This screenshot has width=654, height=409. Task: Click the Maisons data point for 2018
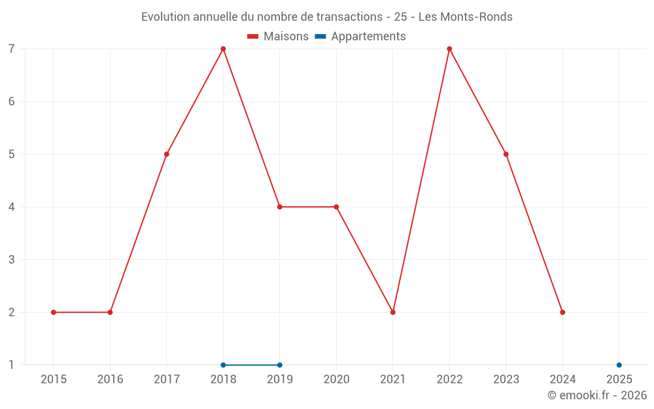tap(223, 49)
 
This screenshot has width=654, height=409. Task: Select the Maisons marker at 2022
tap(449, 49)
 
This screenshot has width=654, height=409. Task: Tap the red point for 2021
tap(393, 312)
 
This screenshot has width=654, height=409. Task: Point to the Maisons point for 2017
tap(167, 154)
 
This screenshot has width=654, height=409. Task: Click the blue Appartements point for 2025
tap(619, 365)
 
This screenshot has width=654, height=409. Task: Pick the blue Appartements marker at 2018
tap(223, 365)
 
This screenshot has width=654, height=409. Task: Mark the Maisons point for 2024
tap(562, 312)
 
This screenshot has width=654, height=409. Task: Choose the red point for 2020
tap(336, 207)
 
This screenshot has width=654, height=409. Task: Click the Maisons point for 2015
tap(54, 312)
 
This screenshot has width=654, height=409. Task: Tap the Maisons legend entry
tap(278, 37)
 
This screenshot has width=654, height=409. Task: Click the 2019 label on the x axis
tap(280, 380)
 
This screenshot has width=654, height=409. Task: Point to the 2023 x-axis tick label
tap(506, 380)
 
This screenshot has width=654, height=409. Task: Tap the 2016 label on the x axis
tap(110, 380)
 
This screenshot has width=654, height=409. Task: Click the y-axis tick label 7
tap(12, 49)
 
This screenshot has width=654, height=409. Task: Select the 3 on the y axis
tap(12, 260)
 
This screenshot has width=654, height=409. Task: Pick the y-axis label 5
tap(12, 154)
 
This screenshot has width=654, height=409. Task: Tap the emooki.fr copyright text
tap(596, 395)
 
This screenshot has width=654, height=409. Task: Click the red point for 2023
tap(506, 154)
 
